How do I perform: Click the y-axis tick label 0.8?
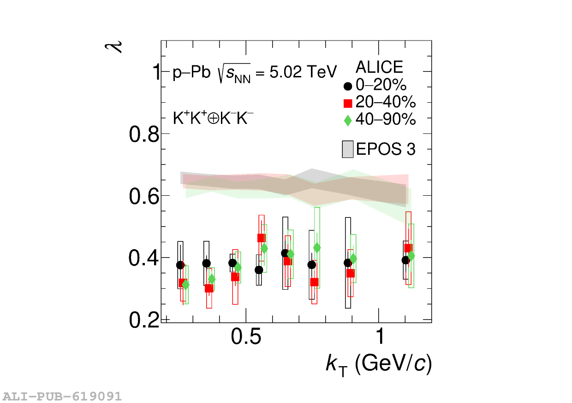(144, 134)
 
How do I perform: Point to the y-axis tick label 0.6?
(144, 197)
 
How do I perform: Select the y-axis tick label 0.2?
(144, 321)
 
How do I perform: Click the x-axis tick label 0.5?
(246, 338)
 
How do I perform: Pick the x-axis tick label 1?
(379, 338)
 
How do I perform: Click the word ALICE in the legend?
(379, 68)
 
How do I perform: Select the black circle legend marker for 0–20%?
(348, 86)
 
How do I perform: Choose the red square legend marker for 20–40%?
(348, 103)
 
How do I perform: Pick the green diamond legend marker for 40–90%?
(348, 120)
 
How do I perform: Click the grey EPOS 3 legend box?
(348, 149)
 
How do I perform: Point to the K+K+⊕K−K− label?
(213, 118)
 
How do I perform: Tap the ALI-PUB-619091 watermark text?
(62, 396)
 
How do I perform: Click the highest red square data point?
(261, 238)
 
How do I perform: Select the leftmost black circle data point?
(180, 265)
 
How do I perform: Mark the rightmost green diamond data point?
(411, 256)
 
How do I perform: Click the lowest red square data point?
(209, 288)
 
